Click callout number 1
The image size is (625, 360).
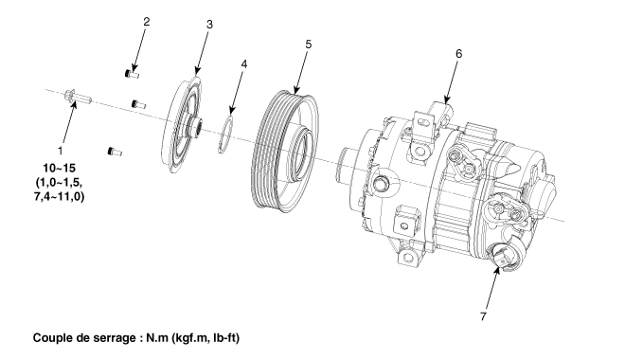[x=61, y=151]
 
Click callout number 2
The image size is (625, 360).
[x=146, y=22]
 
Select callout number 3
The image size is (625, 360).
[x=209, y=25]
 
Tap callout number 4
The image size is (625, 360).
[x=244, y=63]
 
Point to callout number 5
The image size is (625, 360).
[x=309, y=45]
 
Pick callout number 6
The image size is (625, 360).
[x=458, y=53]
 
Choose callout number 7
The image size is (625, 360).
[x=483, y=316]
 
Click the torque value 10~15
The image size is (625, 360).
[x=60, y=168]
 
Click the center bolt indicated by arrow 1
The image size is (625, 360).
[x=78, y=97]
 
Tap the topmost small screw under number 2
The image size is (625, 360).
[x=132, y=74]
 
